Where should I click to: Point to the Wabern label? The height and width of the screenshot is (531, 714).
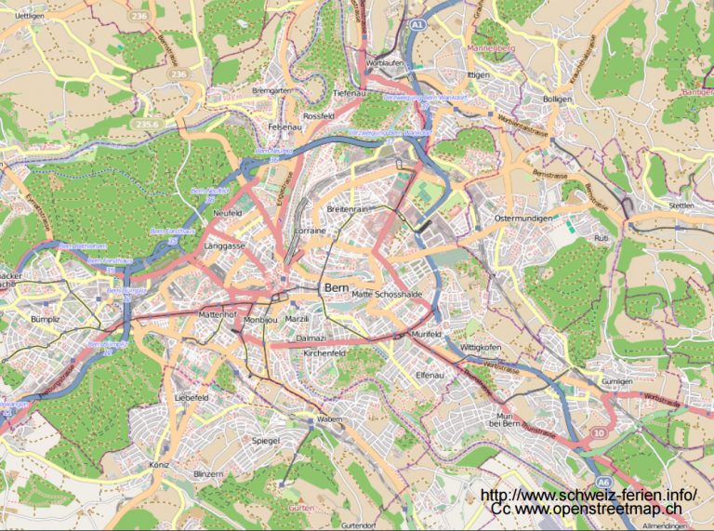329,419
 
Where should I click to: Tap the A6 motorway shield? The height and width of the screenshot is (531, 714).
603,482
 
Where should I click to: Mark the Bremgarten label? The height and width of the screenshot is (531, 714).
272,90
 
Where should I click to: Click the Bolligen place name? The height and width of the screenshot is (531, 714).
557,99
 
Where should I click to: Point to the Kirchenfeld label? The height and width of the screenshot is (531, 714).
324,354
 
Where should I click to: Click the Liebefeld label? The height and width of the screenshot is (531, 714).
192,397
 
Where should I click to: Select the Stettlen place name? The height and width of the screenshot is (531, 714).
681,206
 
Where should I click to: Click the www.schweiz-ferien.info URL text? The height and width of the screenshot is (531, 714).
588,495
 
